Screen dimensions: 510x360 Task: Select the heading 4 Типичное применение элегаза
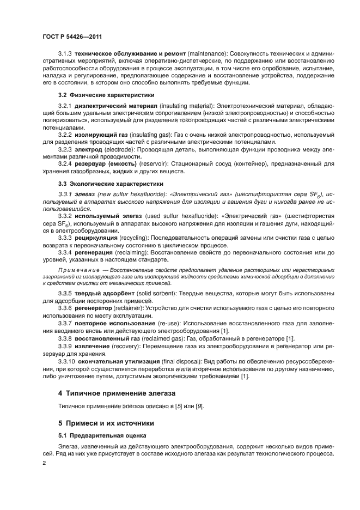point(119,392)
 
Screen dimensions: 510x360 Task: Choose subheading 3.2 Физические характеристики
point(101,95)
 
